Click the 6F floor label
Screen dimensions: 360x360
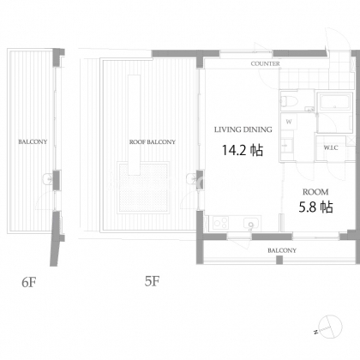[29, 282]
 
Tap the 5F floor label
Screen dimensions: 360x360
[152, 281]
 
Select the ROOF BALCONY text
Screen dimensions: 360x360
[153, 142]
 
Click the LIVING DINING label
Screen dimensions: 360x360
[243, 129]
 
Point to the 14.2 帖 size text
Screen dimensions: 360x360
[243, 150]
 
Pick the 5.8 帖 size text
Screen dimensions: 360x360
[315, 207]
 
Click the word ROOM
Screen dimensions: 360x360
[315, 192]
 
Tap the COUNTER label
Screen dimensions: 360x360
[265, 63]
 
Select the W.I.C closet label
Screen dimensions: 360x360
[331, 147]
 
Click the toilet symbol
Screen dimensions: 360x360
[289, 101]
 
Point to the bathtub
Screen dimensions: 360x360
[334, 102]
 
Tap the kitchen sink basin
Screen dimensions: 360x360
[251, 223]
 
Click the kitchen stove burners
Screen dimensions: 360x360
[221, 223]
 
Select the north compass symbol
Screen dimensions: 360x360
[330, 327]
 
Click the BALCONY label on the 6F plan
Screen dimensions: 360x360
[33, 141]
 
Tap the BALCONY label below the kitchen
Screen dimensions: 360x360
[282, 250]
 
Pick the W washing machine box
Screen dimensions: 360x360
[289, 122]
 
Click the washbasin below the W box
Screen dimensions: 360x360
[287, 145]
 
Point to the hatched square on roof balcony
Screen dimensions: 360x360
[143, 187]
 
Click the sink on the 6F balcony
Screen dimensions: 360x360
[47, 178]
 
